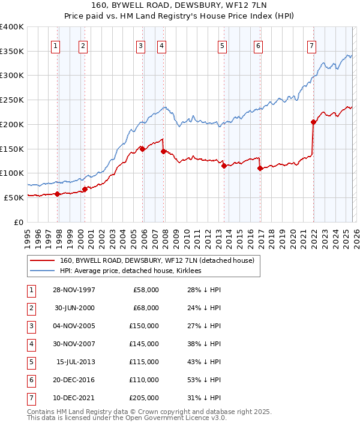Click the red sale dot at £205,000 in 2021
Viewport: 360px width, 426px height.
tap(313, 122)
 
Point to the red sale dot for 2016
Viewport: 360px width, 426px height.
tap(260, 169)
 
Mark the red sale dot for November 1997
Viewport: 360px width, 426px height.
tap(58, 194)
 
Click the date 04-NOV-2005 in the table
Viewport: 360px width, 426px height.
tap(73, 326)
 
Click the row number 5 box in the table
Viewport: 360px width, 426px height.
tap(31, 362)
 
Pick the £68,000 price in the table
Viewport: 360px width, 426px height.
tap(146, 308)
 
